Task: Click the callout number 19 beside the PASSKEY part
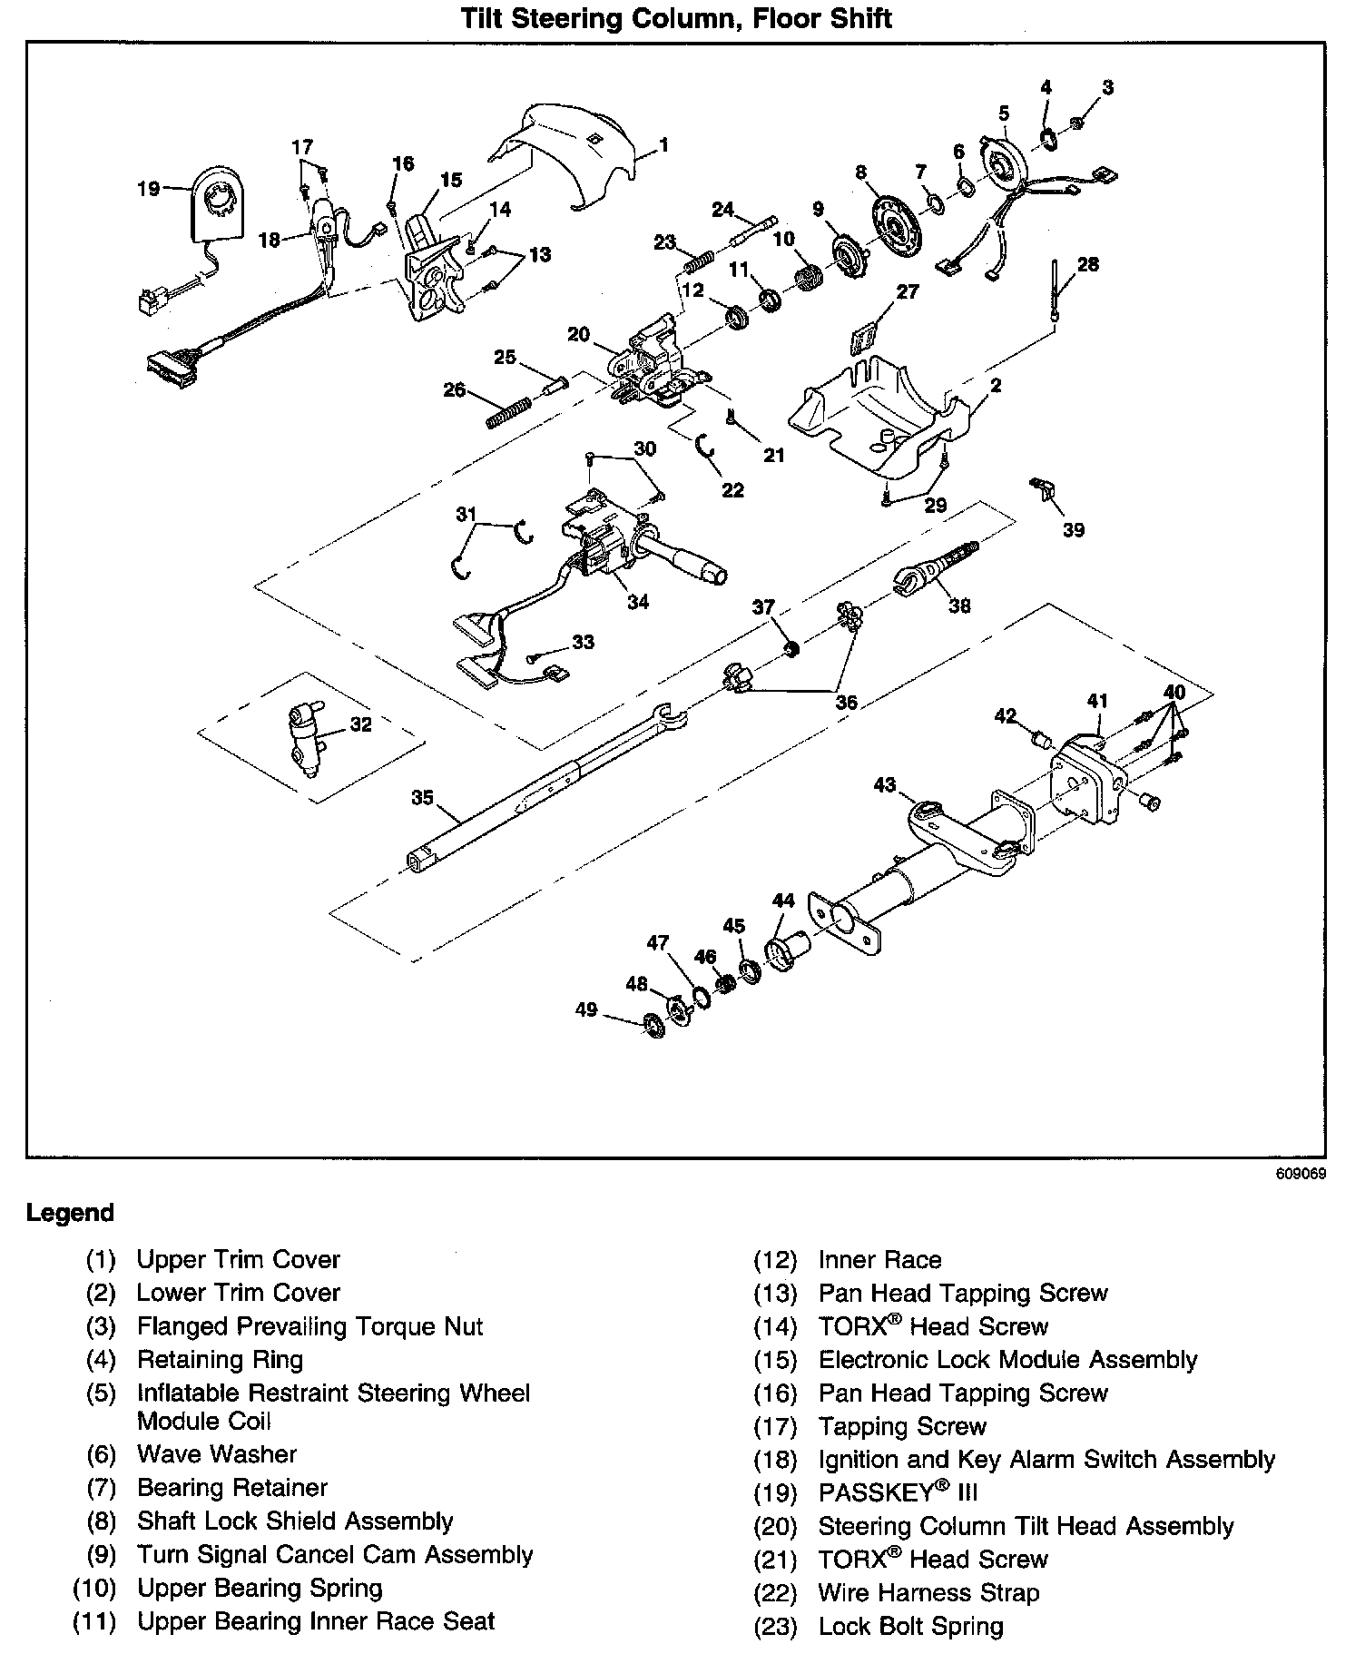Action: (x=147, y=189)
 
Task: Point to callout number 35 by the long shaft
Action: (x=422, y=798)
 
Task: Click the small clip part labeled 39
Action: (x=1044, y=490)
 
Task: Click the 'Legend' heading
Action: (x=71, y=1213)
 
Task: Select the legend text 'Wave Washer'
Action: (x=217, y=1454)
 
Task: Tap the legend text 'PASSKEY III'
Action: (x=898, y=1492)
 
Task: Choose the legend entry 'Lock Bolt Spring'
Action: (x=910, y=1626)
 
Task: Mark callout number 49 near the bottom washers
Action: (x=586, y=1009)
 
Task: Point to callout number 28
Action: (x=1087, y=264)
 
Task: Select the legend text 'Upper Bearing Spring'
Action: (x=260, y=1589)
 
